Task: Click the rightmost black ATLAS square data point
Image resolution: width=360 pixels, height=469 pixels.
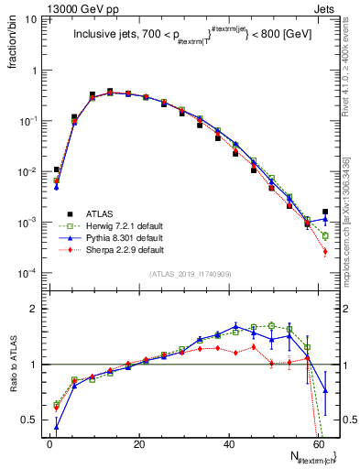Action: point(325,212)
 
